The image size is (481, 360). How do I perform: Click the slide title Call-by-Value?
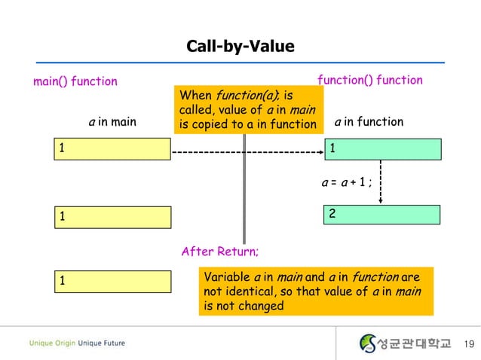pyautogui.click(x=240, y=47)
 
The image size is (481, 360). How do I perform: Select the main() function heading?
pyautogui.click(x=75, y=81)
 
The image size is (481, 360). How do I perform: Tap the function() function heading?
pyautogui.click(x=369, y=80)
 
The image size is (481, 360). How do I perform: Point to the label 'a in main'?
pyautogui.click(x=112, y=121)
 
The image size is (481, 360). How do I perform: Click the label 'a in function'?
pyautogui.click(x=369, y=121)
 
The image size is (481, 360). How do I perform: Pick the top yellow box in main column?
pyautogui.click(x=112, y=149)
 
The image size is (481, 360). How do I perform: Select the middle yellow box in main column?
pyautogui.click(x=112, y=215)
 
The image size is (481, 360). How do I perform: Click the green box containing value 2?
pyautogui.click(x=381, y=215)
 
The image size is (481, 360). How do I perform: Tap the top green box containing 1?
pyautogui.click(x=381, y=149)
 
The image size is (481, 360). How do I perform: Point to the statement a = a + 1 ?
pyautogui.click(x=348, y=182)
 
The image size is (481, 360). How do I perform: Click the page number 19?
pyautogui.click(x=467, y=344)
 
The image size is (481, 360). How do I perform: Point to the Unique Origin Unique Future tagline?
pyautogui.click(x=78, y=344)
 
